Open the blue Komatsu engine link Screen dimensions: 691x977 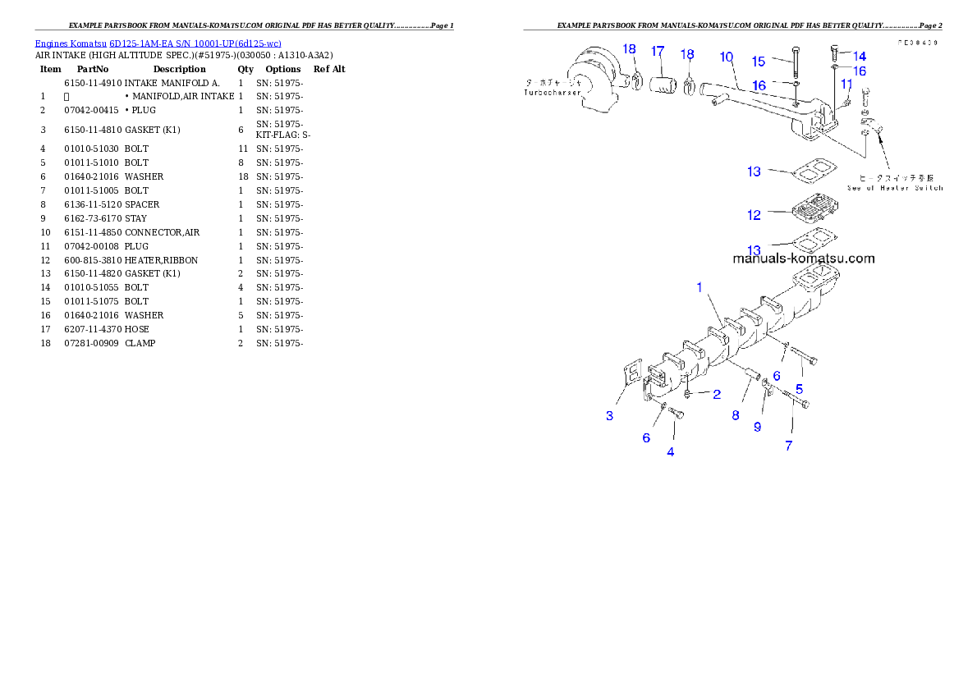click(158, 43)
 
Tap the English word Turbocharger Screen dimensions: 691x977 click(553, 94)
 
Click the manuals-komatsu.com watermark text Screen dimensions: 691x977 click(803, 259)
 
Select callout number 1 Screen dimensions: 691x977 click(699, 287)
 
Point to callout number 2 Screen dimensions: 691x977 click(717, 395)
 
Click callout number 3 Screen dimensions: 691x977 click(609, 416)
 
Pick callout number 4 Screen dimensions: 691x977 click(671, 451)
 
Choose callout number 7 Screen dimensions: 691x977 click(789, 446)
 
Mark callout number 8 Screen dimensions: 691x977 click(736, 415)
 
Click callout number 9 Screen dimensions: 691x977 click(758, 427)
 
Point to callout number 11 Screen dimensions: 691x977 click(846, 84)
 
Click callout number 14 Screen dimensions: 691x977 click(860, 56)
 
